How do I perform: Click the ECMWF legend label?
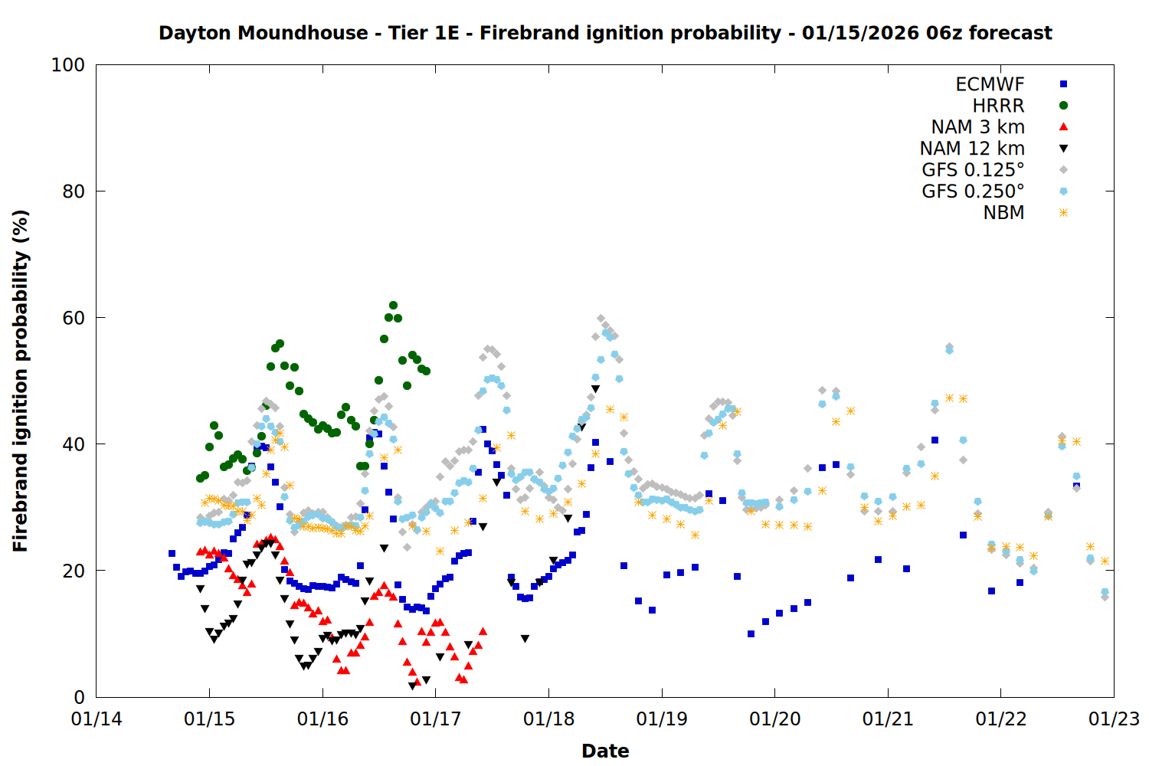pyautogui.click(x=990, y=84)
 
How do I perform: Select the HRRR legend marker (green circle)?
pyautogui.click(x=1063, y=106)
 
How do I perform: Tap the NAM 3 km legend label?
pyautogui.click(x=977, y=127)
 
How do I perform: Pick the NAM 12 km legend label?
pyautogui.click(x=972, y=149)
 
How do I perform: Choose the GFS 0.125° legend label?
pyautogui.click(x=973, y=170)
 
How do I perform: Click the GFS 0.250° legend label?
pyautogui.click(x=973, y=191)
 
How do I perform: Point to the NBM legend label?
pyautogui.click(x=1003, y=213)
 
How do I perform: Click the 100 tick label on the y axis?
pyautogui.click(x=68, y=65)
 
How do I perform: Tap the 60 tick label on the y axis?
pyautogui.click(x=74, y=318)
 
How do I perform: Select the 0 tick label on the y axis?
pyautogui.click(x=79, y=697)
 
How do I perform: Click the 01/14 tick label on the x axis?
pyautogui.click(x=97, y=719)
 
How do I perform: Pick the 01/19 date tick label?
pyautogui.click(x=662, y=719)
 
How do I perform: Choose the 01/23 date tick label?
pyautogui.click(x=1115, y=719)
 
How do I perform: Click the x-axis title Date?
pyautogui.click(x=605, y=751)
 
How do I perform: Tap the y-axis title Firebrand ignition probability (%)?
pyautogui.click(x=21, y=381)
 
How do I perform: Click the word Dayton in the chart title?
pyautogui.click(x=195, y=33)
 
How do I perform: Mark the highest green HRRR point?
pyautogui.click(x=393, y=306)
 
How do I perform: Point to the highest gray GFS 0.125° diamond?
pyautogui.click(x=601, y=319)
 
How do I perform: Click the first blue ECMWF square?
pyautogui.click(x=172, y=553)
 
